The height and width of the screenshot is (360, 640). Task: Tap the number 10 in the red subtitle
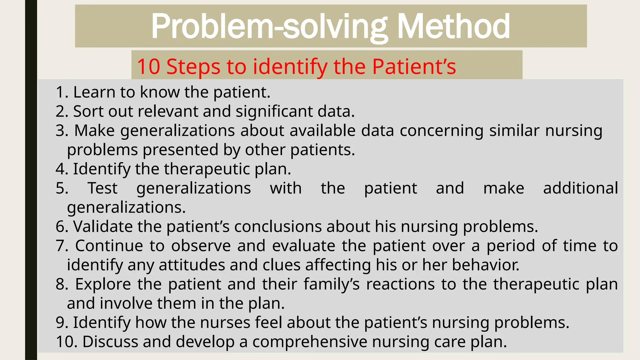(x=148, y=67)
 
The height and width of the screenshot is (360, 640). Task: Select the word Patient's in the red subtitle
(x=414, y=67)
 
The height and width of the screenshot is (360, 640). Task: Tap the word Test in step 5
(x=102, y=188)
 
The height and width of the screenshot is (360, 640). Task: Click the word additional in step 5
(x=580, y=188)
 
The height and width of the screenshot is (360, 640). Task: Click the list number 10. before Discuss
(x=67, y=342)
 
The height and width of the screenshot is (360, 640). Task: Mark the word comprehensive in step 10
(x=310, y=342)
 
